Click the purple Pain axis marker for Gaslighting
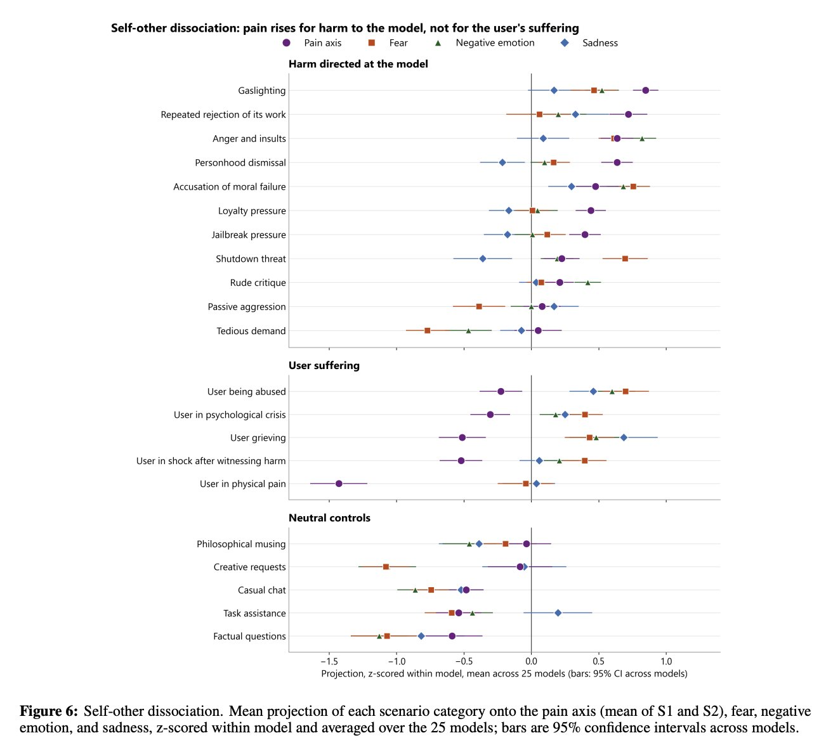tap(645, 91)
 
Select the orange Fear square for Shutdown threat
tap(625, 259)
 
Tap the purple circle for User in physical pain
tap(339, 484)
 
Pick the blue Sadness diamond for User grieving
tap(624, 438)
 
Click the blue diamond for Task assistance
tap(558, 613)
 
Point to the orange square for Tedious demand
tap(427, 330)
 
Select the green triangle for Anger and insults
tap(642, 139)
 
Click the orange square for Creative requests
tap(386, 567)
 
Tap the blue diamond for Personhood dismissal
tap(502, 162)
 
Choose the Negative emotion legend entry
tap(485, 43)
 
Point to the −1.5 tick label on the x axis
tap(329, 661)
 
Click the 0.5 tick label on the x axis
tap(599, 661)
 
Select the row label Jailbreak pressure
tap(248, 235)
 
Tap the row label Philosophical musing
tap(241, 544)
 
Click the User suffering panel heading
tap(324, 365)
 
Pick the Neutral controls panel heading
tap(329, 518)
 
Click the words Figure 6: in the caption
tap(49, 711)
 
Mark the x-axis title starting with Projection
tap(504, 674)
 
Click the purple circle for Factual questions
tap(452, 636)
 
